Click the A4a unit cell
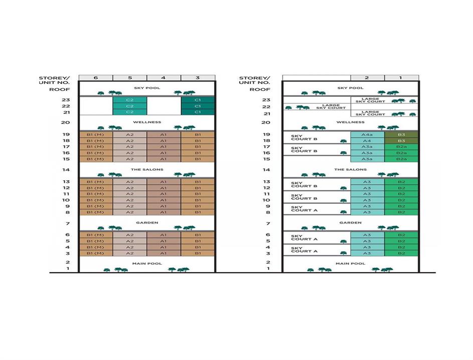pyautogui.click(x=367, y=135)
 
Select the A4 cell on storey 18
pyautogui.click(x=367, y=141)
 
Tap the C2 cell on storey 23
pyautogui.click(x=129, y=100)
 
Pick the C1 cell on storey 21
pyautogui.click(x=198, y=112)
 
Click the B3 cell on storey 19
pyautogui.click(x=401, y=135)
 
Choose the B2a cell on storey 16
pyautogui.click(x=401, y=153)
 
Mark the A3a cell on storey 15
pyautogui.click(x=367, y=159)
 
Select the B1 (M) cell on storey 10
pyautogui.click(x=95, y=200)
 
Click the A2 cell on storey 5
pyautogui.click(x=129, y=241)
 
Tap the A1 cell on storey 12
pyautogui.click(x=164, y=188)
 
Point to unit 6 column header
pyautogui.click(x=95, y=78)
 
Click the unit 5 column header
pyautogui.click(x=129, y=78)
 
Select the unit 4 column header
pyautogui.click(x=164, y=78)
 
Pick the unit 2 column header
pyautogui.click(x=367, y=78)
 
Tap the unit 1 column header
pyautogui.click(x=401, y=78)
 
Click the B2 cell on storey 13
pyautogui.click(x=401, y=182)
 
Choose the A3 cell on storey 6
pyautogui.click(x=367, y=235)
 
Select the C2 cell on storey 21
pyautogui.click(x=129, y=112)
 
